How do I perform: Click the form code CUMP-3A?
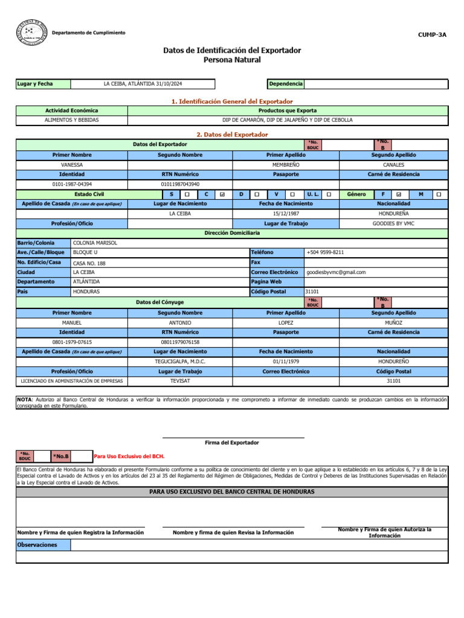pyautogui.click(x=432, y=34)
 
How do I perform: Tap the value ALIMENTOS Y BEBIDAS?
pyautogui.click(x=72, y=119)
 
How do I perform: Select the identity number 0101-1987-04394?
pyautogui.click(x=72, y=184)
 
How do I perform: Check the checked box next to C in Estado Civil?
pyautogui.click(x=223, y=194)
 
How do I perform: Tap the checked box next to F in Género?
pyautogui.click(x=399, y=194)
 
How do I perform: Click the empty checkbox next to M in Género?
pyautogui.click(x=439, y=194)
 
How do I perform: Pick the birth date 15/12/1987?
pyautogui.click(x=286, y=214)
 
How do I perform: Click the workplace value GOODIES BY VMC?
pyautogui.click(x=393, y=223)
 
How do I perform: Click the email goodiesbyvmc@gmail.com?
pyautogui.click(x=336, y=272)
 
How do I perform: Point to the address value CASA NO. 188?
pyautogui.click(x=89, y=263)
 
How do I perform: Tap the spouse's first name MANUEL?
pyautogui.click(x=72, y=323)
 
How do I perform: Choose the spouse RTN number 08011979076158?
pyautogui.click(x=180, y=342)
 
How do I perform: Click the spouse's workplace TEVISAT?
pyautogui.click(x=180, y=381)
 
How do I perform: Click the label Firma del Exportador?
pyautogui.click(x=232, y=442)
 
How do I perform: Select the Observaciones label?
pyautogui.click(x=37, y=544)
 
